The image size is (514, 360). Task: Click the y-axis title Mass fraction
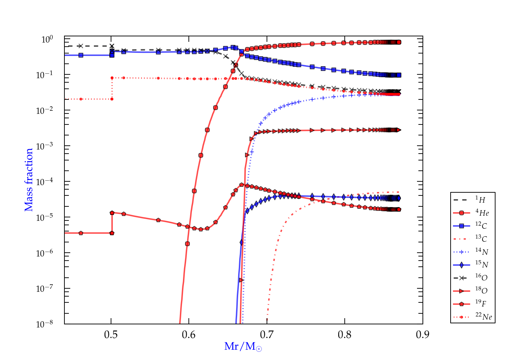(29, 180)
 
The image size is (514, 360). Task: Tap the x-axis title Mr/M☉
(243, 347)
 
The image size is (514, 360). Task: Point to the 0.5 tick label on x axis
(111, 334)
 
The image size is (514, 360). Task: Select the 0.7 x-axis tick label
(267, 334)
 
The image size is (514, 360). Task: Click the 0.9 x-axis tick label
(423, 334)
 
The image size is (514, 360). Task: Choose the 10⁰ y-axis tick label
(47, 39)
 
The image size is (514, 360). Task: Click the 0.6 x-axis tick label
(189, 334)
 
